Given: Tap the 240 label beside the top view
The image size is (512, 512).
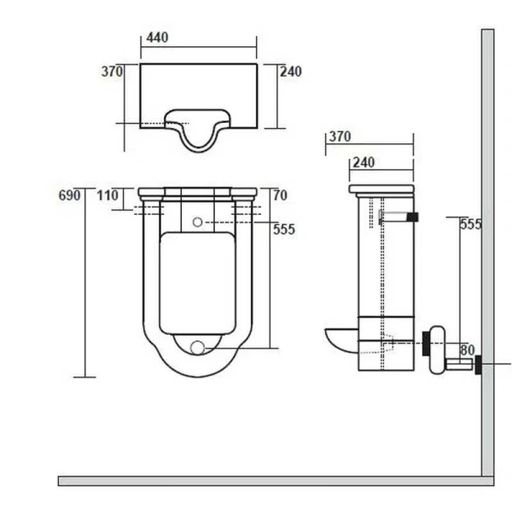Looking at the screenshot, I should coord(291,72).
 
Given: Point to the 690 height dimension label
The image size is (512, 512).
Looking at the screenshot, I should coord(69,195).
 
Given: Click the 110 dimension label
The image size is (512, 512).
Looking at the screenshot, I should coord(108,195).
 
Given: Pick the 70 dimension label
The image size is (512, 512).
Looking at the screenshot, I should coord(280,195).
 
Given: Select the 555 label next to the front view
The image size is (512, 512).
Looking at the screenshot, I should coord(284,228).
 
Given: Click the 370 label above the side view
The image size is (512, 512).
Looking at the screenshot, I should coord(340,137).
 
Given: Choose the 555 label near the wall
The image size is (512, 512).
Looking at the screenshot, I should coord(471,224).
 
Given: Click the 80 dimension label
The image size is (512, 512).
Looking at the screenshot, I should coord(468,349).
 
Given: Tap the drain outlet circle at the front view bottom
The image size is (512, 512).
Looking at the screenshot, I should coord(199,347).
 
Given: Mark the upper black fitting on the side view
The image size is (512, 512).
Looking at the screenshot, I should coord(413,218).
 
